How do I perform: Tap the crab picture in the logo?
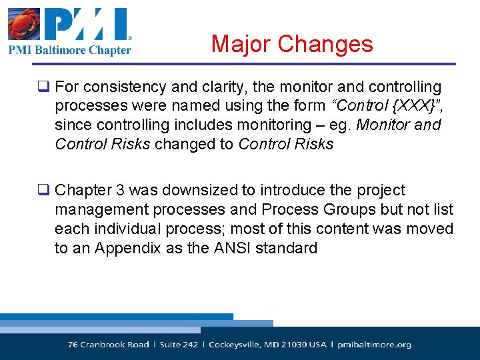click(x=23, y=26)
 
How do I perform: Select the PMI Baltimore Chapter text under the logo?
click(x=69, y=49)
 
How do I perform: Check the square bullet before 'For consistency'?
click(x=44, y=87)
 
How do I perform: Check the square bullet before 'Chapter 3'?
click(x=44, y=191)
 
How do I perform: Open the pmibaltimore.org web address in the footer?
click(x=374, y=345)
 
